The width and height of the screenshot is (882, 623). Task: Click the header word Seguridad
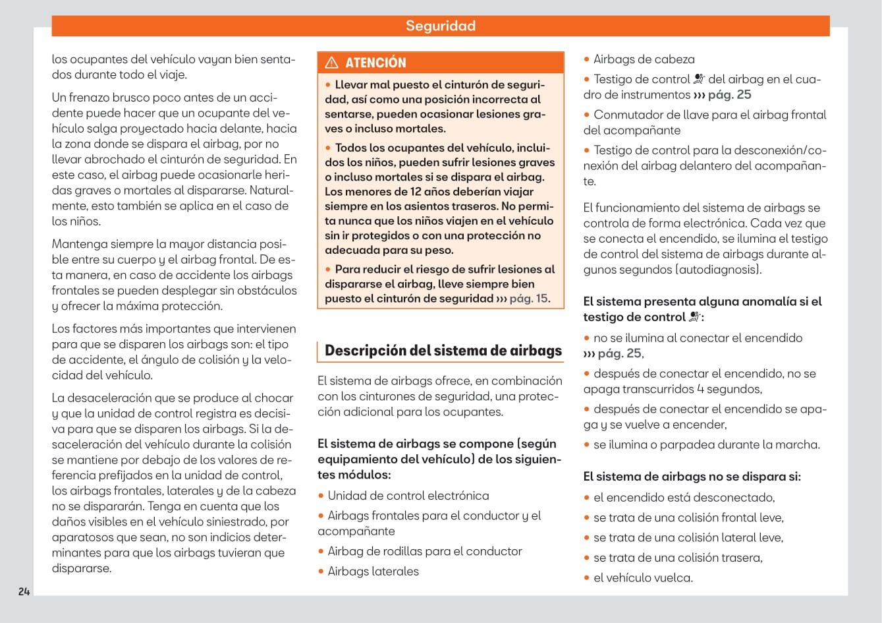click(x=440, y=26)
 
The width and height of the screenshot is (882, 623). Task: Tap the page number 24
click(x=24, y=591)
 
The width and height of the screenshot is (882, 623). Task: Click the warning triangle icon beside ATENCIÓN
click(x=332, y=63)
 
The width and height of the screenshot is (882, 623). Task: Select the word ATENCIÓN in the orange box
click(x=375, y=63)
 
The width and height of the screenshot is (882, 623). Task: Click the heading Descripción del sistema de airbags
click(x=443, y=351)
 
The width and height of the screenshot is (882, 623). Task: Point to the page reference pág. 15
click(x=529, y=299)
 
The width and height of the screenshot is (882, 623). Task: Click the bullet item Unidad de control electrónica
click(x=408, y=496)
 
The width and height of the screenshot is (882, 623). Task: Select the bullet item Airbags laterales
click(x=373, y=572)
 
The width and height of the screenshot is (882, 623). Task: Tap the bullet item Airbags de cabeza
click(x=644, y=59)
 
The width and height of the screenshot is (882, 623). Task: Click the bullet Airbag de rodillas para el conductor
click(x=425, y=551)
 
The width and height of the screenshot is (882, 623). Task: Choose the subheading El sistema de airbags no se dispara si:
click(x=692, y=477)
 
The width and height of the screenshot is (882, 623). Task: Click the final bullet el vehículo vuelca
click(x=643, y=578)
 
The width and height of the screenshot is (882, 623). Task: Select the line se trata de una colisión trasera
click(x=678, y=558)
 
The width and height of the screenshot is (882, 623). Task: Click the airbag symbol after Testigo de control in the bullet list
click(x=699, y=80)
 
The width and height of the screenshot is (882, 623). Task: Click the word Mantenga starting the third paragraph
click(x=78, y=244)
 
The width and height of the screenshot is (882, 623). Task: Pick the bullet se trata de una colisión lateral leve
click(x=688, y=538)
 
